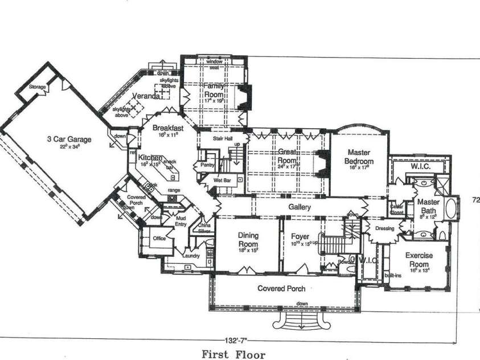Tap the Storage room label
pos(38,87)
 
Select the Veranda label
pos(145,96)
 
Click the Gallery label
pos(300,207)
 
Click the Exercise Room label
pos(419,260)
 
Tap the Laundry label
pos(190,256)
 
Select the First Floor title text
pos(233,354)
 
